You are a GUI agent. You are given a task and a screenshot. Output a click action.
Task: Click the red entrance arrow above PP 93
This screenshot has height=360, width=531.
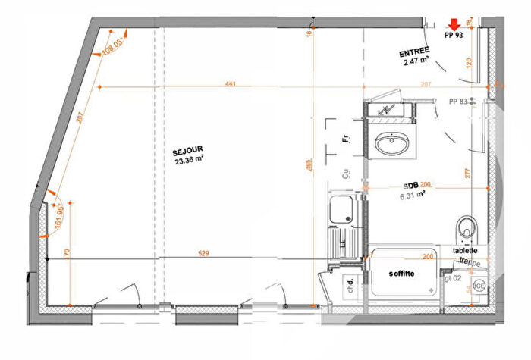point(454,24)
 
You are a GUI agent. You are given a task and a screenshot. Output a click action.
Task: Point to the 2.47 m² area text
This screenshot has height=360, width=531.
point(416,62)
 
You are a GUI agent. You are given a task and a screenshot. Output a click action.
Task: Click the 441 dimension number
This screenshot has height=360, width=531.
point(229,83)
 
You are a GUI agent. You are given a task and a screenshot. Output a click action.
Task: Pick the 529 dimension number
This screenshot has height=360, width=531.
point(203,253)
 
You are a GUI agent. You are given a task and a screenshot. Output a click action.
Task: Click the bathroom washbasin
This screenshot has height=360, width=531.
point(392,141)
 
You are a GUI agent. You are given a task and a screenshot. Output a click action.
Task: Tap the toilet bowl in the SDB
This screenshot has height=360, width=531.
point(467,225)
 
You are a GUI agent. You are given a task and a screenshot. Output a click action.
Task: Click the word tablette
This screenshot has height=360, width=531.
point(465,251)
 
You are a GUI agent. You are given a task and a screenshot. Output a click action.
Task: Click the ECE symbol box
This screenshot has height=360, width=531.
point(479,286)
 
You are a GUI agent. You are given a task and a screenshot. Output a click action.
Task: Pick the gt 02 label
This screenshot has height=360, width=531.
point(453,278)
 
